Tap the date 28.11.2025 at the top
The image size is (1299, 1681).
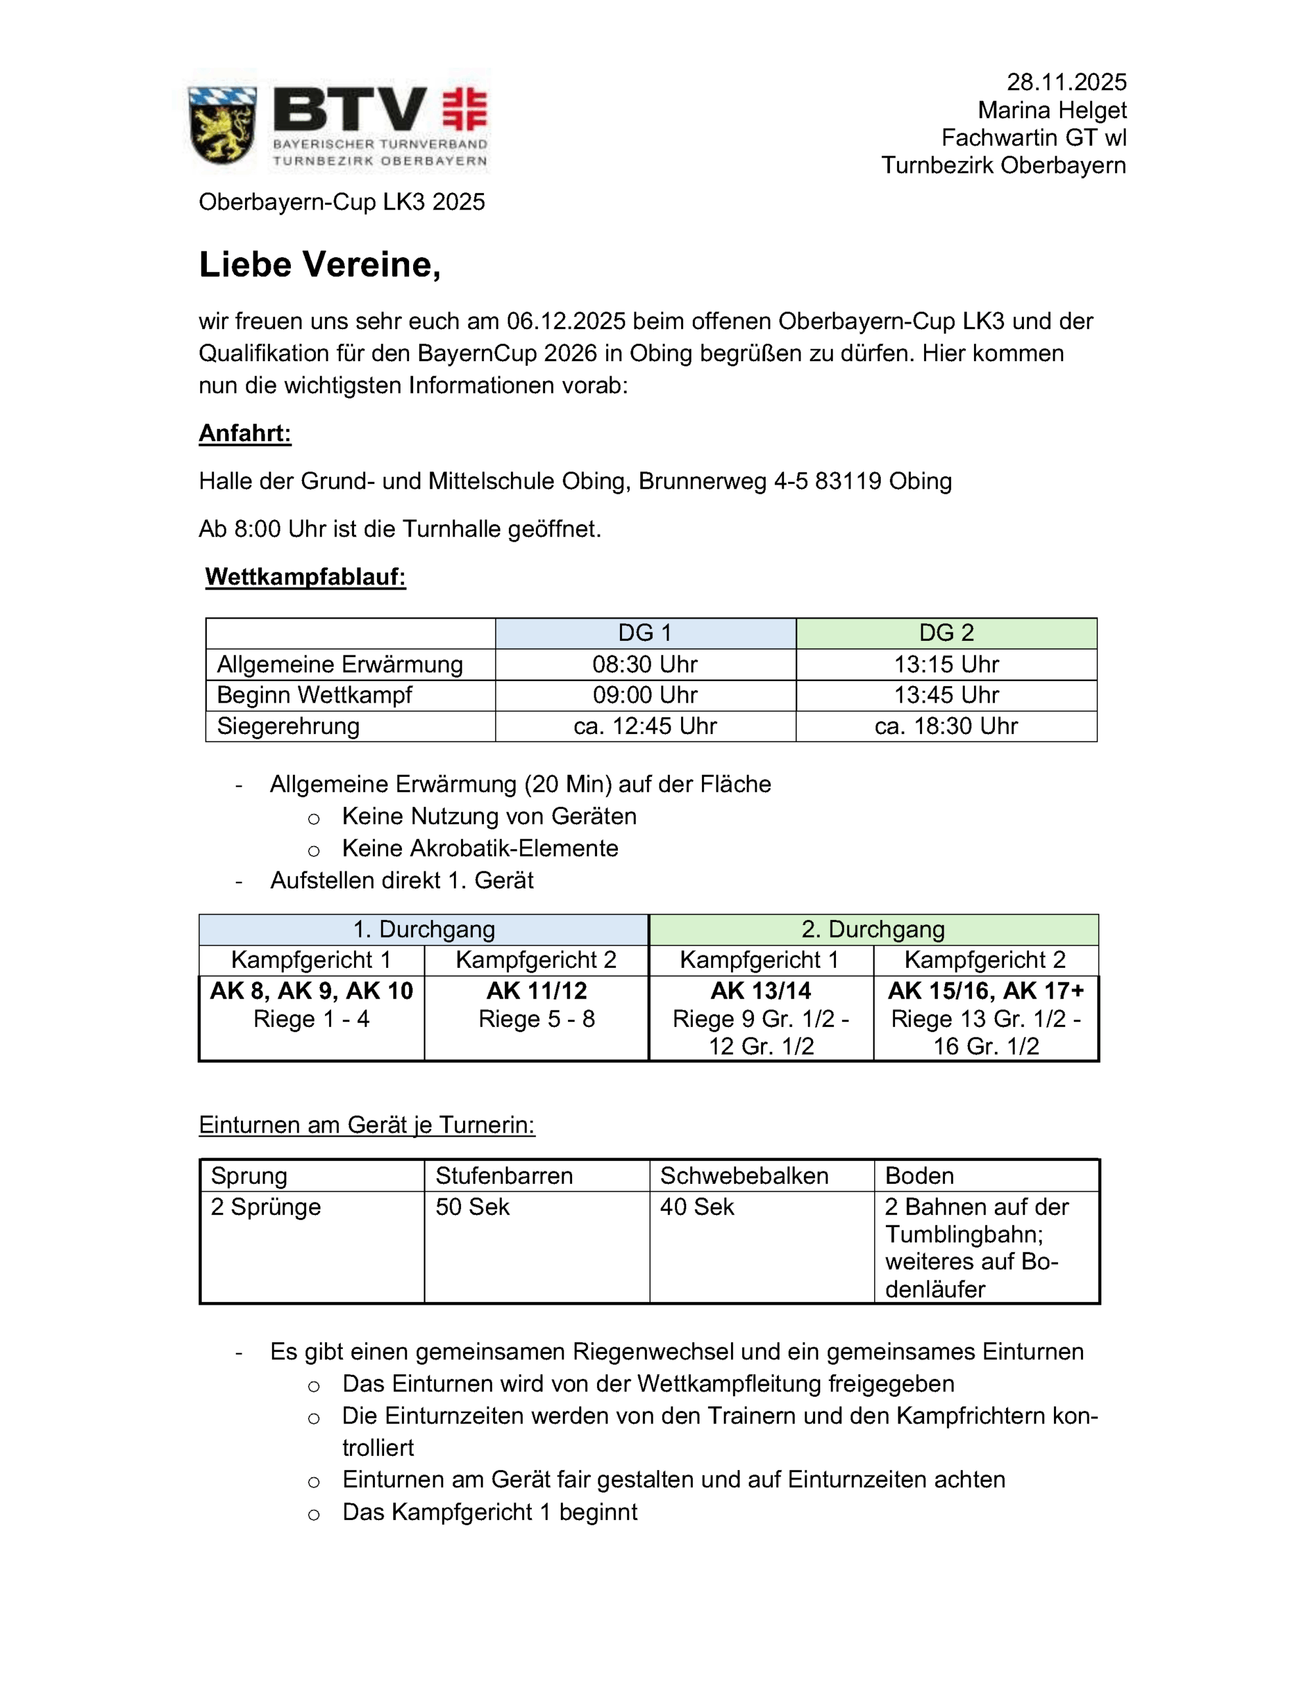pyautogui.click(x=1066, y=82)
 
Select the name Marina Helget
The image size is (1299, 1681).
pyautogui.click(x=1052, y=110)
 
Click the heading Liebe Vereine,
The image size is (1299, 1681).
pyautogui.click(x=320, y=265)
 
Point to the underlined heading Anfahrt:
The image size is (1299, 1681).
pyautogui.click(x=245, y=433)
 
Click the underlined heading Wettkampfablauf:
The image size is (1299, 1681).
pyautogui.click(x=305, y=577)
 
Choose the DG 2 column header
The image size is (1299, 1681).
pyautogui.click(x=946, y=633)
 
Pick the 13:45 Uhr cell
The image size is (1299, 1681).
pyautogui.click(x=946, y=695)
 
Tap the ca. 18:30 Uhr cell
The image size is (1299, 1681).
pyautogui.click(x=946, y=726)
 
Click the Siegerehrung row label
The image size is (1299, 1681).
pyautogui.click(x=288, y=726)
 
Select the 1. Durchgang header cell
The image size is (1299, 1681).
pyautogui.click(x=424, y=929)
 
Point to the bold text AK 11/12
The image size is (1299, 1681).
pyautogui.click(x=537, y=991)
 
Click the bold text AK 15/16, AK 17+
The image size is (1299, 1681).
pyautogui.click(x=986, y=991)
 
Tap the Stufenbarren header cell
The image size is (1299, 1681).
pyautogui.click(x=504, y=1175)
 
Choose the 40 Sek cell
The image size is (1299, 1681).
pyautogui.click(x=697, y=1207)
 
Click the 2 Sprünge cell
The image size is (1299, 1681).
pyautogui.click(x=266, y=1207)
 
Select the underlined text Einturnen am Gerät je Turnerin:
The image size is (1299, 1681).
pyautogui.click(x=366, y=1125)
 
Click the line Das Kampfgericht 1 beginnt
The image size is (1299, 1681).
pyautogui.click(x=490, y=1512)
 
